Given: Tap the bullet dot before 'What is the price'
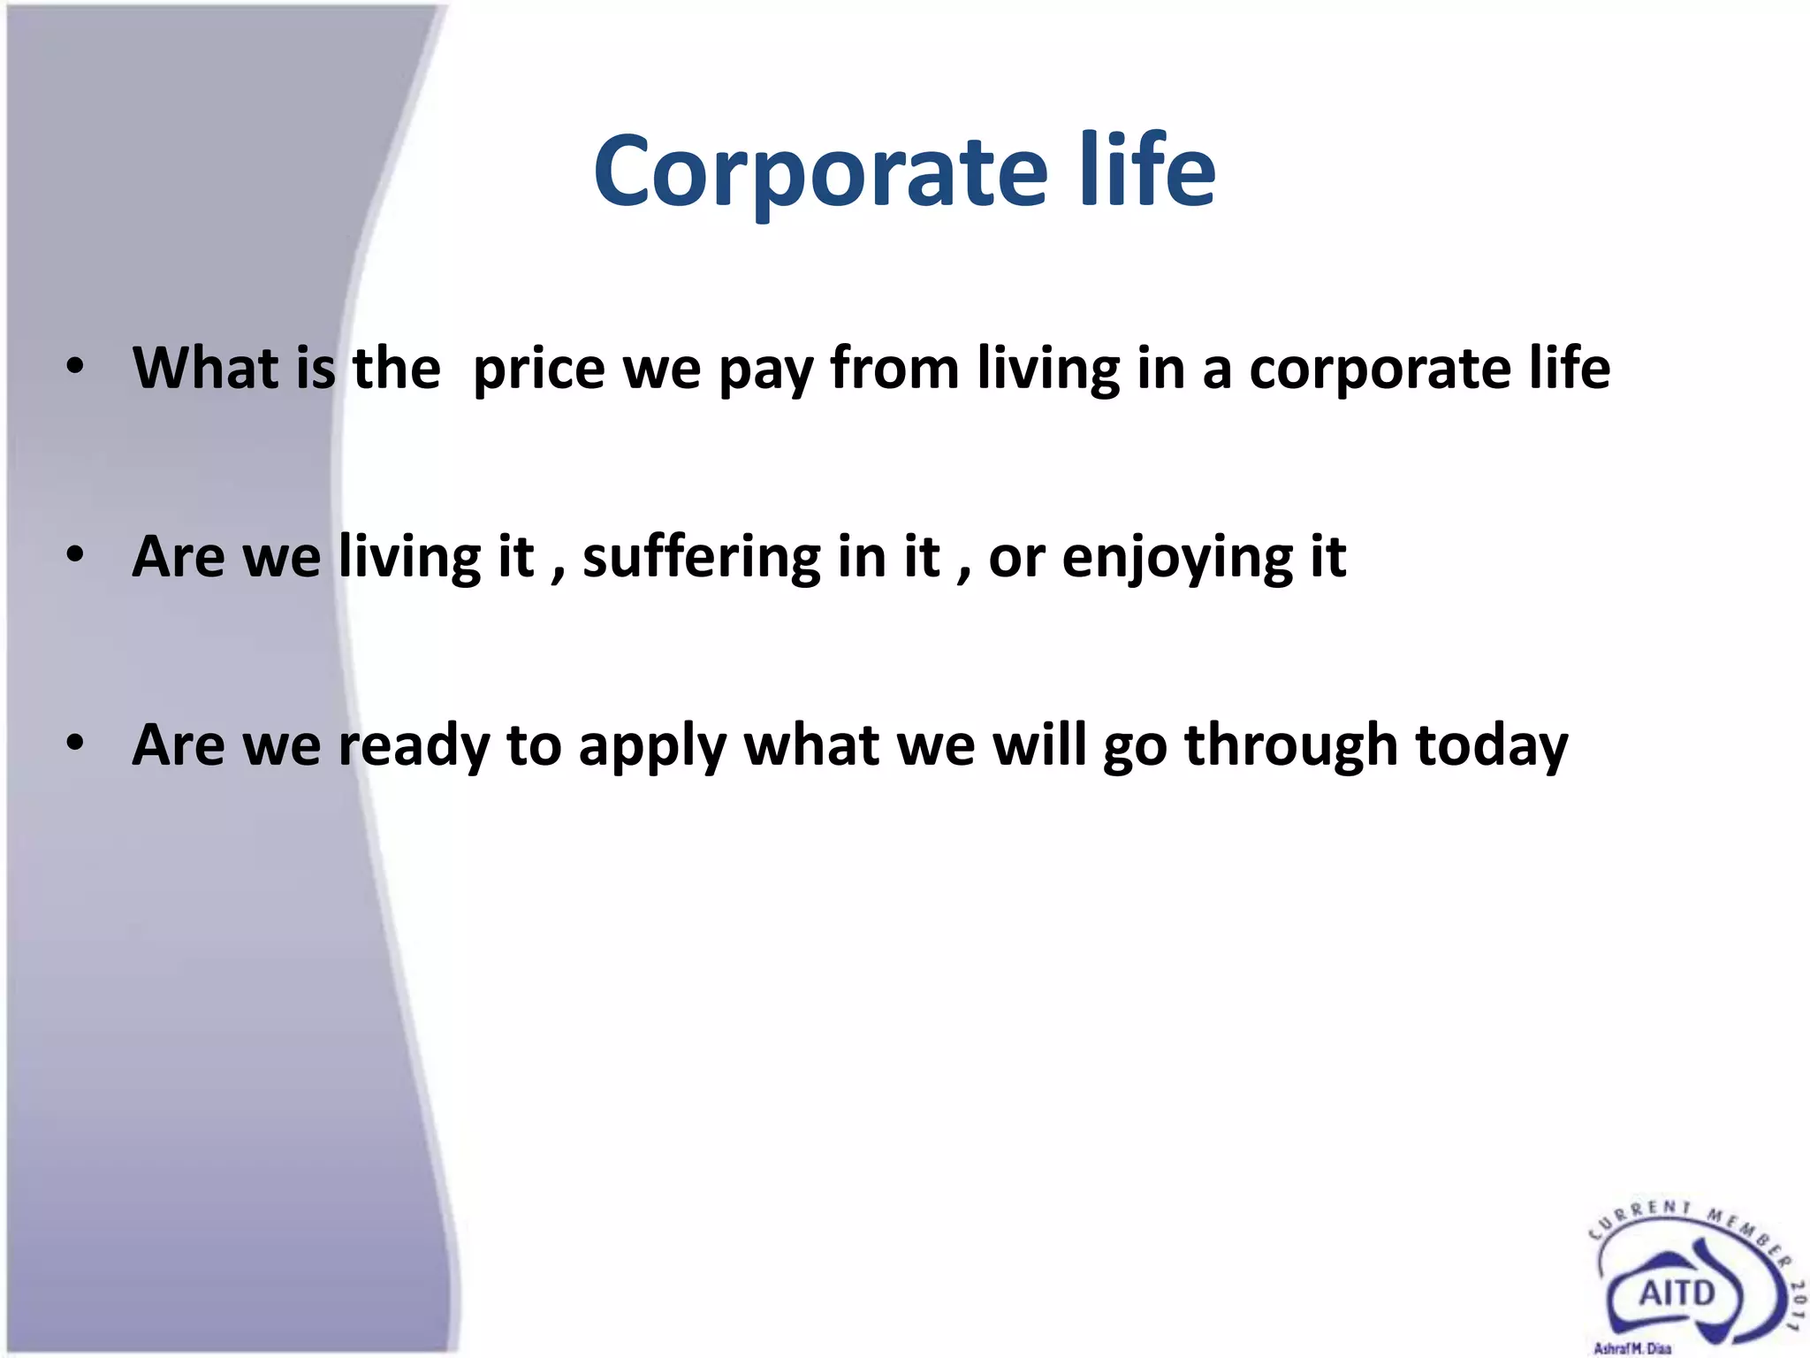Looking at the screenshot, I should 75,366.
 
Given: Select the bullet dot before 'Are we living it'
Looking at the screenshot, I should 75,555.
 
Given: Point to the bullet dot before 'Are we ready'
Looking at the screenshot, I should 75,744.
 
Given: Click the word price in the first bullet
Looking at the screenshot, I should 538,370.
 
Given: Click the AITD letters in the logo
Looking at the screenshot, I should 1677,1293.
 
